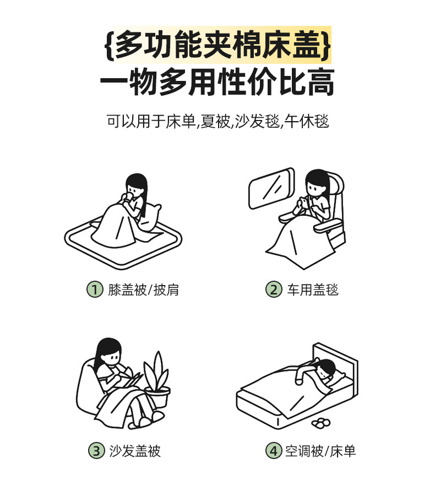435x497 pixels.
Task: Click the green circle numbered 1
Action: [95, 290]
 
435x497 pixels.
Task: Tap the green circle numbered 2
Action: [274, 290]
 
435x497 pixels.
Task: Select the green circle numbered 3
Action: [96, 450]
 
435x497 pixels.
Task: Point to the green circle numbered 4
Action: [274, 450]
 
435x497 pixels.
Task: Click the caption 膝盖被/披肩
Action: [143, 290]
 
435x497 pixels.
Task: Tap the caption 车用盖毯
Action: [313, 290]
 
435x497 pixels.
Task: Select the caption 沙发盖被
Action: [135, 451]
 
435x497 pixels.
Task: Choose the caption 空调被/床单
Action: [320, 451]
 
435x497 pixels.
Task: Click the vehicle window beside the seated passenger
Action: [271, 188]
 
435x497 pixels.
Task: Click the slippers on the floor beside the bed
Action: [321, 423]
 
